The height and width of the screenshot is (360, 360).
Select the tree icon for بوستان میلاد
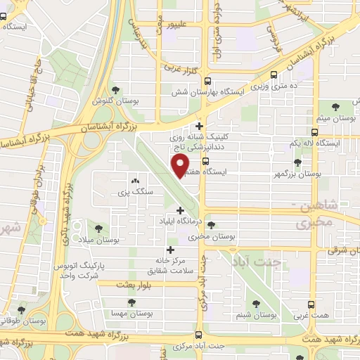(x=98, y=229)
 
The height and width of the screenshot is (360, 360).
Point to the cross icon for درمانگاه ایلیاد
(x=181, y=210)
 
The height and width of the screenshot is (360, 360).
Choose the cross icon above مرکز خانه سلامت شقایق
(x=169, y=249)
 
